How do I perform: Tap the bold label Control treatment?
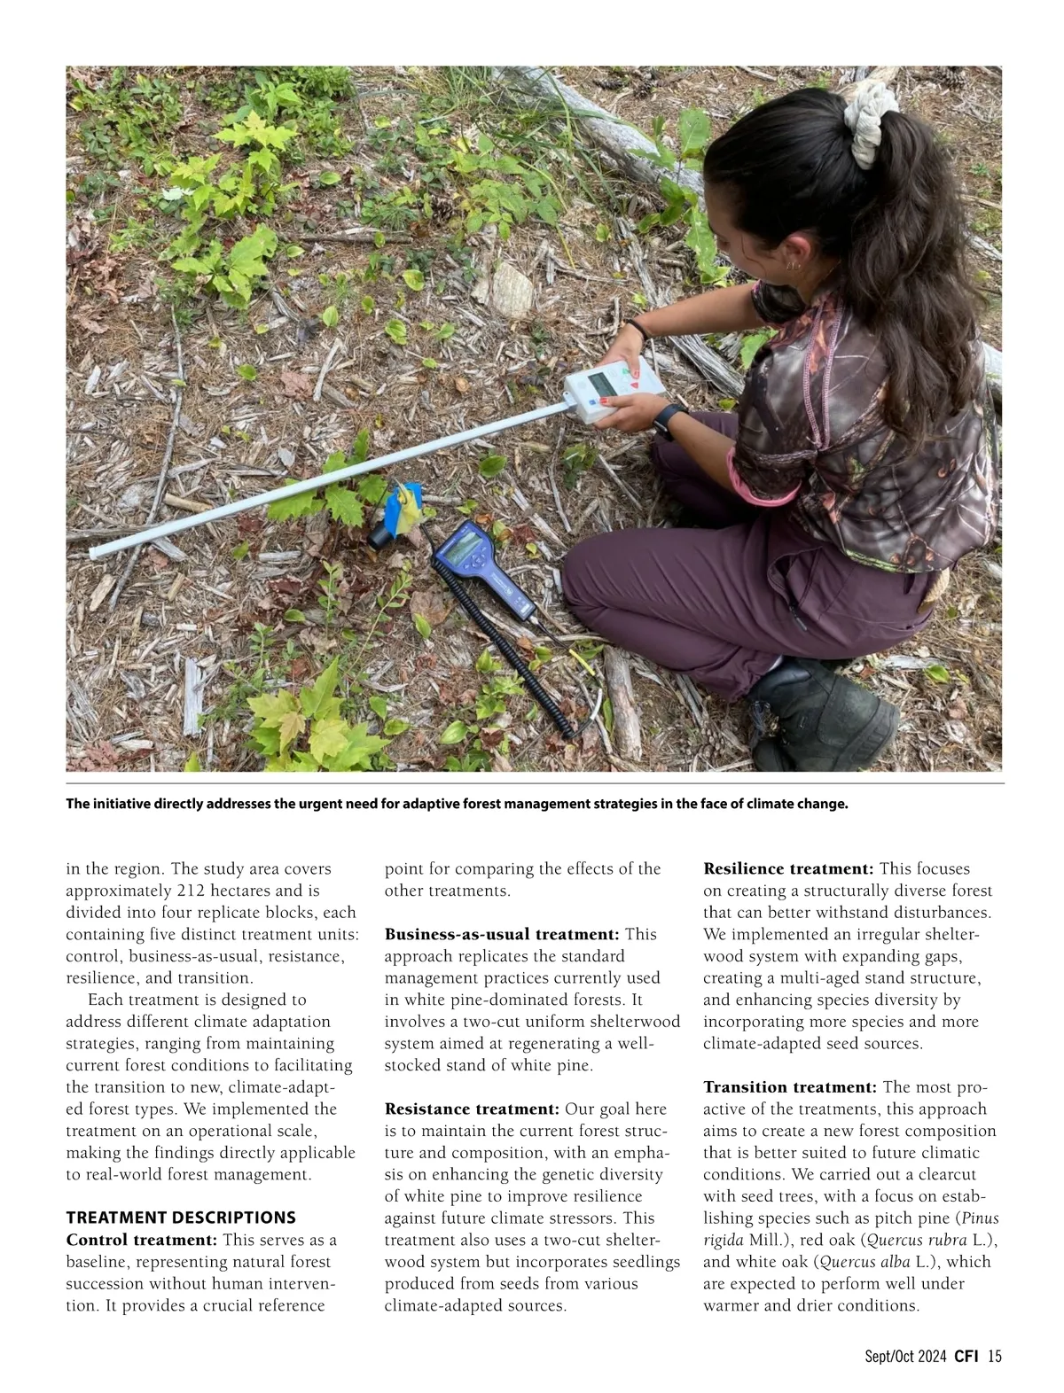click(141, 1239)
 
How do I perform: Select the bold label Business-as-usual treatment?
click(502, 934)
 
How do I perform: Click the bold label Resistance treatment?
click(472, 1109)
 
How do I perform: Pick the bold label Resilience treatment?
click(788, 868)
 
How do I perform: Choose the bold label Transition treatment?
click(790, 1086)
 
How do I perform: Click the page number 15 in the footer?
click(994, 1356)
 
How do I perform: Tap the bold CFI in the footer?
click(966, 1356)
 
